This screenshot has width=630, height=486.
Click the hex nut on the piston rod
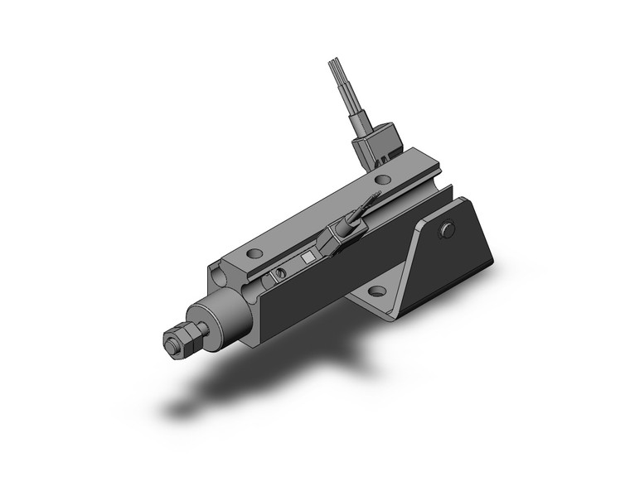175,340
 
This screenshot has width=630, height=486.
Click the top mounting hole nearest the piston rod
255,251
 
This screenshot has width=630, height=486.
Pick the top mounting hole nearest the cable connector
381,179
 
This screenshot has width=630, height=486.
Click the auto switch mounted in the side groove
333,239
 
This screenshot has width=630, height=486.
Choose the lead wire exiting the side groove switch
365,208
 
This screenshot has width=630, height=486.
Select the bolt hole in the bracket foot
377,291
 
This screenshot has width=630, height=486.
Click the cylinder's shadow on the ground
249,381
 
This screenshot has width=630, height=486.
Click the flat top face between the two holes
319,215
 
